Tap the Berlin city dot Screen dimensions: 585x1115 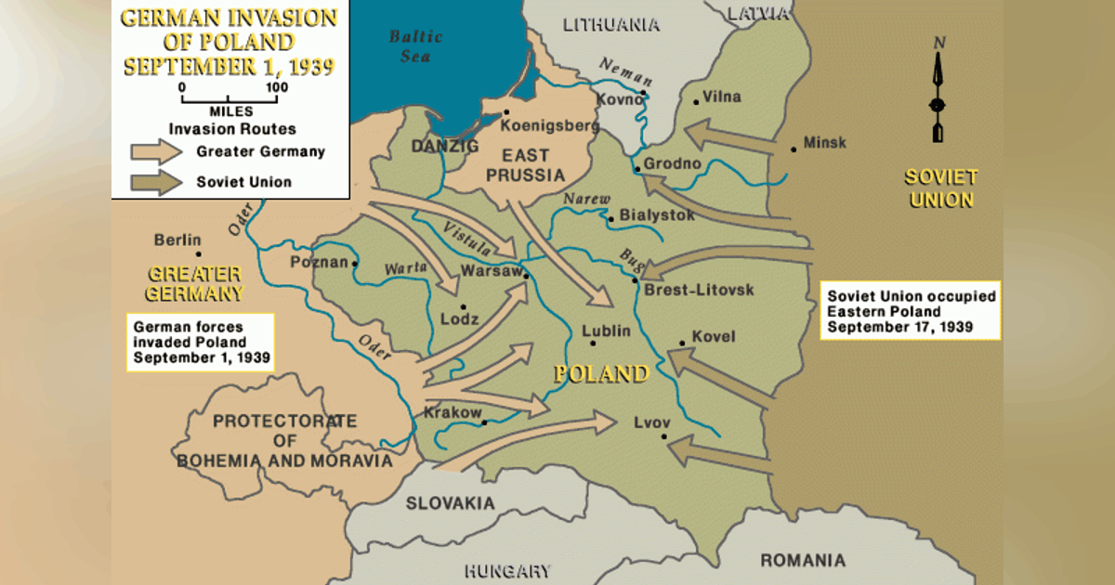point(198,253)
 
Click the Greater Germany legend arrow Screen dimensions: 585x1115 point(155,151)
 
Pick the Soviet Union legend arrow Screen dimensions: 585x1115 point(155,182)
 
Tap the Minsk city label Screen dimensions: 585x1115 point(825,143)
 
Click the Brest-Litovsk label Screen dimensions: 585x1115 point(699,291)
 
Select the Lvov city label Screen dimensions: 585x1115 point(651,421)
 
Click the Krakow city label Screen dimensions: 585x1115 point(453,412)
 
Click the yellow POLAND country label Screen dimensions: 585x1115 point(600,374)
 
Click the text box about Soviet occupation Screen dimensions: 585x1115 point(910,311)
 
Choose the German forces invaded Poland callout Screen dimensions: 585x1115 point(201,341)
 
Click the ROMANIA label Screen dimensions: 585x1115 point(803,560)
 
